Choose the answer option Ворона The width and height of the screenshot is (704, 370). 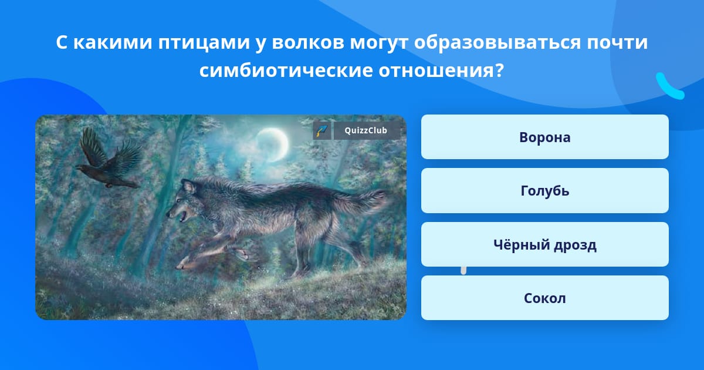(544, 137)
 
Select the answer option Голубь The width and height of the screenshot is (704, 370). (544, 191)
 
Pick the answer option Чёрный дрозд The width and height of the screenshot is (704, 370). (544, 244)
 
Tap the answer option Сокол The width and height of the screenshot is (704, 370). (544, 298)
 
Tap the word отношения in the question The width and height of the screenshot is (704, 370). (441, 70)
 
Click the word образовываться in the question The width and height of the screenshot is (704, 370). (497, 43)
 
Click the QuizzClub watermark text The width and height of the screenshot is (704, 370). (366, 130)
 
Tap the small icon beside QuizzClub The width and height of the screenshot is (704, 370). (322, 130)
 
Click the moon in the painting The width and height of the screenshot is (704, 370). (272, 145)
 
